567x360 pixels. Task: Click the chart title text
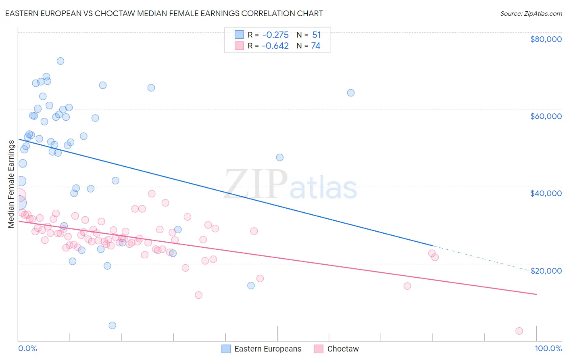164,13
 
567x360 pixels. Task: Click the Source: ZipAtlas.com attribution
531,13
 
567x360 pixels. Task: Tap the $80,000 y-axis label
546,39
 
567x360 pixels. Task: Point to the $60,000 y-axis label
546,116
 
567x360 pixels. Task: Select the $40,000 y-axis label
546,193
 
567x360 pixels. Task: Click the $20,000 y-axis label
546,271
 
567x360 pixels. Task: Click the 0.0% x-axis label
27,349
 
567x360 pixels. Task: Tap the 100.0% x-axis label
548,349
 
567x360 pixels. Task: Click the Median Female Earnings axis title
11,184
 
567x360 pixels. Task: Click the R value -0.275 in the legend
275,35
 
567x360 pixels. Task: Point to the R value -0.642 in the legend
275,46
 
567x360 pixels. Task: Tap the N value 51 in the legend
316,35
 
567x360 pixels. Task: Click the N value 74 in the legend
315,46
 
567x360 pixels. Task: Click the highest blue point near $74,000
60,61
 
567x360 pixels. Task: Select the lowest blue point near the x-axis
113,325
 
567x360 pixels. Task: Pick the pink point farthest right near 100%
519,331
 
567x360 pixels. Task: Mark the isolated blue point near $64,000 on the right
351,93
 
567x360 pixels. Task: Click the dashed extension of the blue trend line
480,258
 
